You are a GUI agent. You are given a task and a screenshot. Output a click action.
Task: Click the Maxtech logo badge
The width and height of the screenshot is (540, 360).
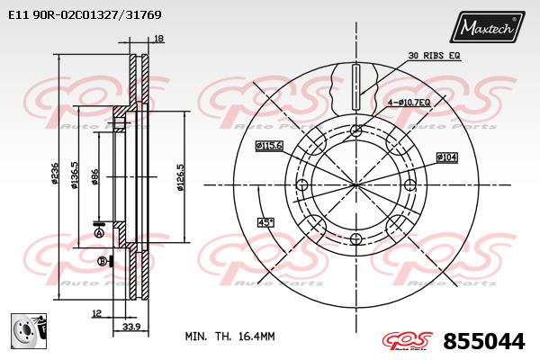487,26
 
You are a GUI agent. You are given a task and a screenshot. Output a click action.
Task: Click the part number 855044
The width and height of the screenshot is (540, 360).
484,341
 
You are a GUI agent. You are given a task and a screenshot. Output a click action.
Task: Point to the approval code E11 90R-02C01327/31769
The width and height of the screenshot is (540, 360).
85,14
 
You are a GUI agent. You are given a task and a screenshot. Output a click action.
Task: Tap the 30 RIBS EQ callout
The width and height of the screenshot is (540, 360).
434,55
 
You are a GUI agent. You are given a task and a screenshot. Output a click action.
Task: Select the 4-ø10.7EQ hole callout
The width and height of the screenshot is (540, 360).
409,102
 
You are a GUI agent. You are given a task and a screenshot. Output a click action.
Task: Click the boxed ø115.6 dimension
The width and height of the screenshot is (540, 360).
269,146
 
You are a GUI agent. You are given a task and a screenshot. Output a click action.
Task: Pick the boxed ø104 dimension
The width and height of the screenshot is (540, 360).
447,157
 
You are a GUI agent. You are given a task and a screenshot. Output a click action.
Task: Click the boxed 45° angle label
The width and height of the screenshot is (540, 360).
265,222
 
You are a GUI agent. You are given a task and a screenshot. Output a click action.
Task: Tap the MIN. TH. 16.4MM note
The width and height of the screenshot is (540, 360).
230,337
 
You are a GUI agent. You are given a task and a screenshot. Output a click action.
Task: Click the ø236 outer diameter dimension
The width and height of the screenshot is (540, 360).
55,174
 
